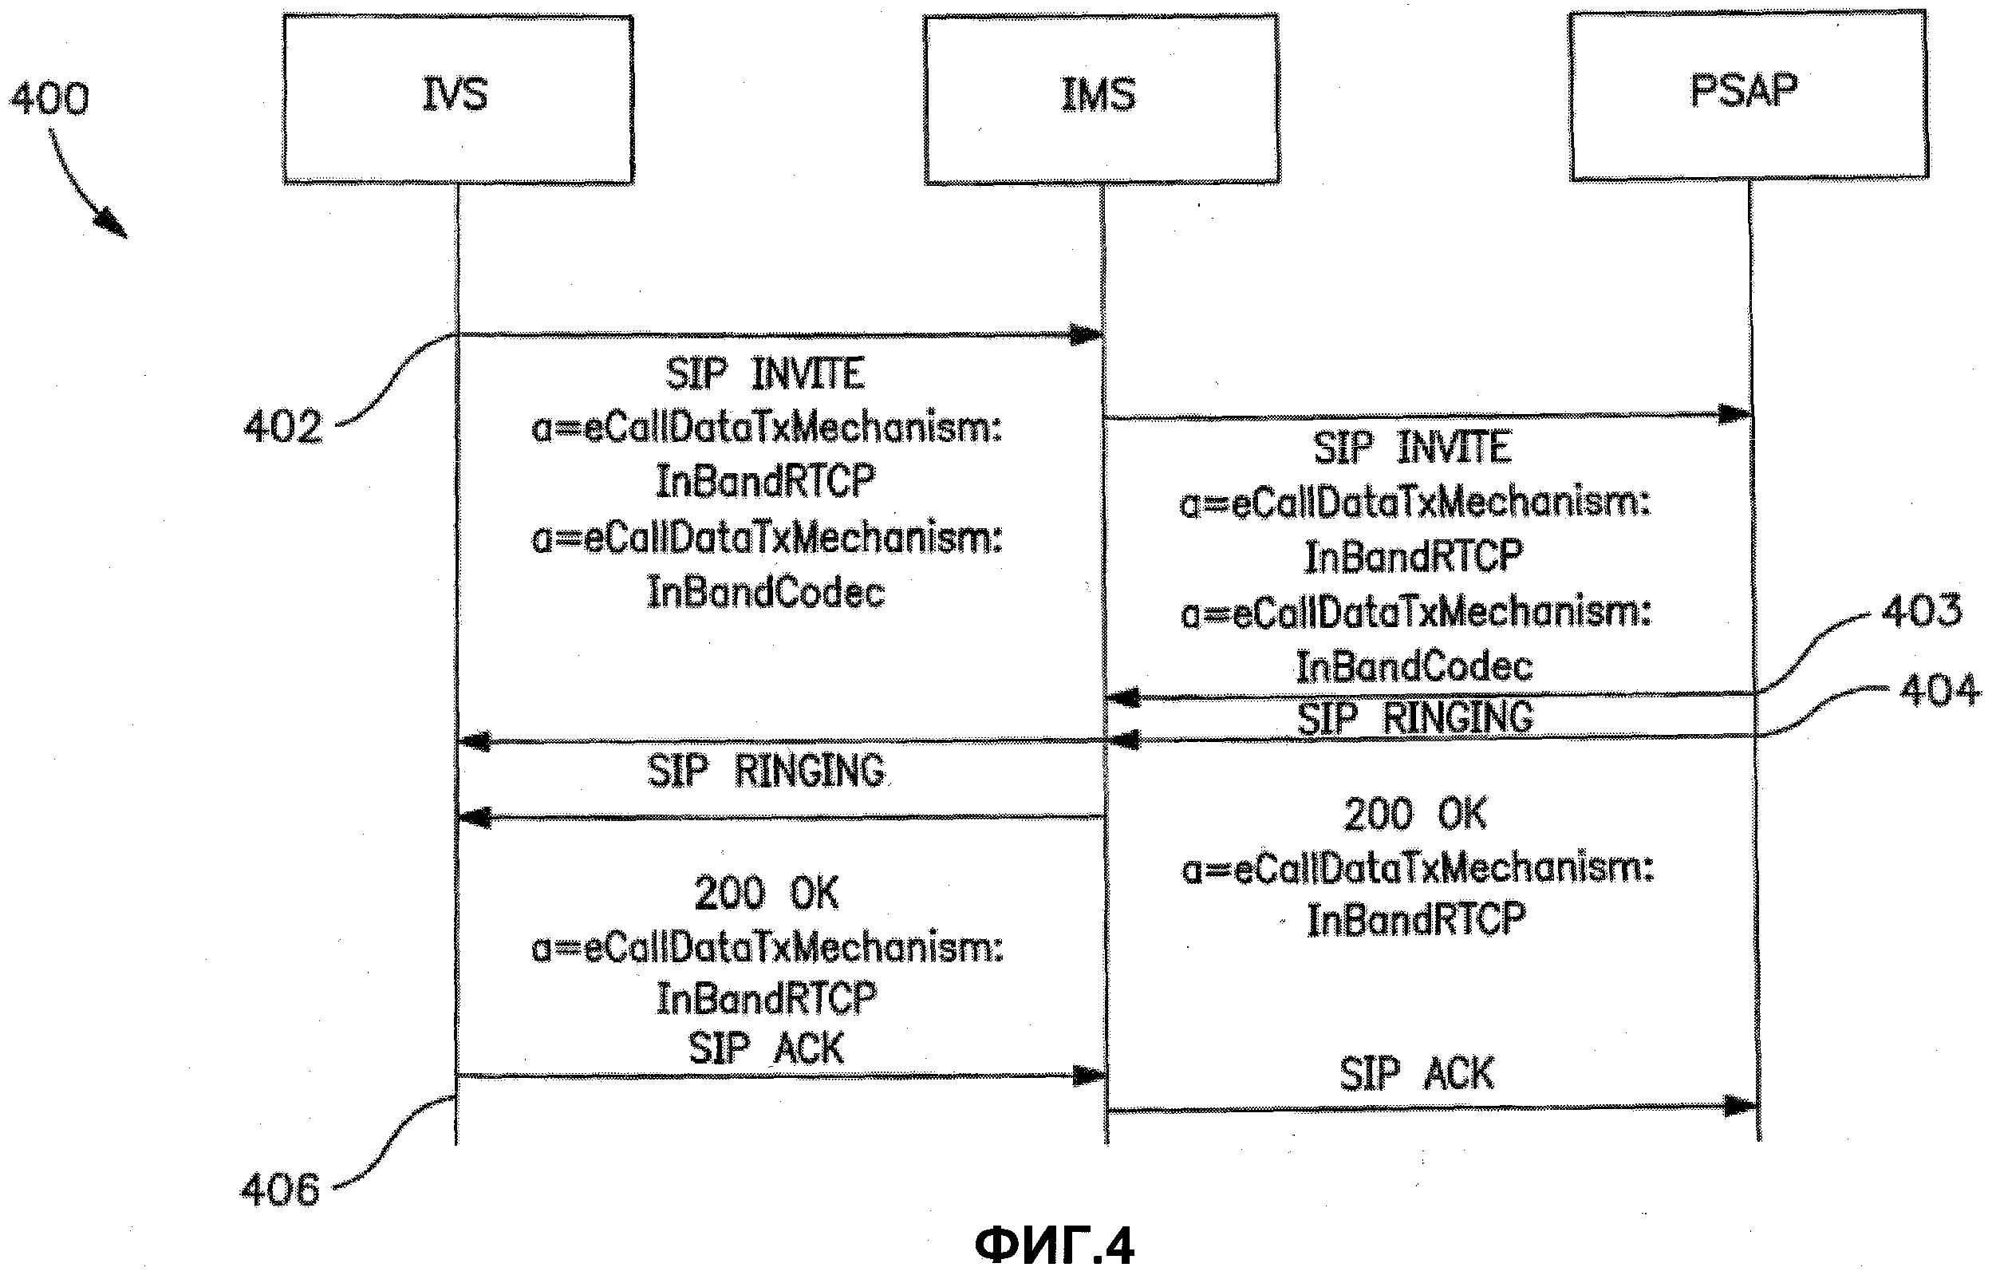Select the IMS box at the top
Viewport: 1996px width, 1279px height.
[1101, 99]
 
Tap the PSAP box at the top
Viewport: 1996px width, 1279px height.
[1748, 95]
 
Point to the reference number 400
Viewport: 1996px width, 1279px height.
[49, 99]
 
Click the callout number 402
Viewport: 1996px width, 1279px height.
[282, 428]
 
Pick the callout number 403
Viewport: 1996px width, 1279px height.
[1921, 611]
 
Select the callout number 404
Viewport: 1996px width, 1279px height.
[1939, 691]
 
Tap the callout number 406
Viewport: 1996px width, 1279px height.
[280, 1190]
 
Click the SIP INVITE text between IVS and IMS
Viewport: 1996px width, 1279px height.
[765, 373]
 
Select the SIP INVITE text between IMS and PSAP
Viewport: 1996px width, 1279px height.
[1412, 448]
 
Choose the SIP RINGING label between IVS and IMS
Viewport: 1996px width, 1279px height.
[766, 772]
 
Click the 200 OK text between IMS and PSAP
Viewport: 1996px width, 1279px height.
[1414, 815]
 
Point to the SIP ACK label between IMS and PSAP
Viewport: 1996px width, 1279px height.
[1417, 1075]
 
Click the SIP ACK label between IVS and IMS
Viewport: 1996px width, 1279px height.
[766, 1049]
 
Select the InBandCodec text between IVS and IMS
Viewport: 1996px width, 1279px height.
[766, 593]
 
